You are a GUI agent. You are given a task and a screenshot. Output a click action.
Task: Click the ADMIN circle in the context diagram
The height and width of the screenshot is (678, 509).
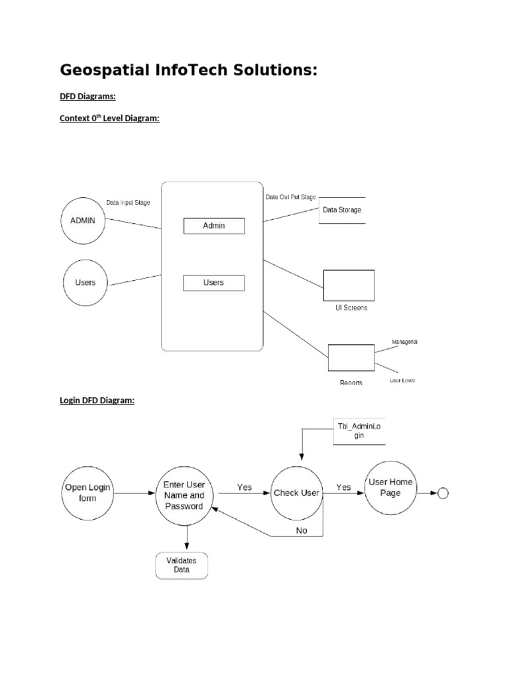tap(83, 220)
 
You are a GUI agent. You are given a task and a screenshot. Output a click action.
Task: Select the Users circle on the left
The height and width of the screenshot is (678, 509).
tap(85, 282)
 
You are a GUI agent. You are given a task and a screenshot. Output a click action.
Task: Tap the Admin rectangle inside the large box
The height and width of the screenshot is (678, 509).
tap(213, 226)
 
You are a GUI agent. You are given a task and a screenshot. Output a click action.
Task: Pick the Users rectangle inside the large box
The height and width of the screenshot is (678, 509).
tap(213, 283)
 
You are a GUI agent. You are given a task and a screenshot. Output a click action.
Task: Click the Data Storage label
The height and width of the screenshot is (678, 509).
tap(342, 210)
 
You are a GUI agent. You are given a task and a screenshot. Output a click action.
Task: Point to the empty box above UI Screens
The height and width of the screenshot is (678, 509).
tap(349, 285)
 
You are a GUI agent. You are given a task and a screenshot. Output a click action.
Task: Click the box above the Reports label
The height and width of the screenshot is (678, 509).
tap(351, 358)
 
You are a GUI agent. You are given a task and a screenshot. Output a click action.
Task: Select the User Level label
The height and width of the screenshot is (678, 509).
tap(402, 381)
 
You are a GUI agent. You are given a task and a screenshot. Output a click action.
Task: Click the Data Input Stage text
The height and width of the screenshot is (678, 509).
tap(128, 203)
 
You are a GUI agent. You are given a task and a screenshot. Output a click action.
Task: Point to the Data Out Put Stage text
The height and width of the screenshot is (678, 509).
tap(291, 197)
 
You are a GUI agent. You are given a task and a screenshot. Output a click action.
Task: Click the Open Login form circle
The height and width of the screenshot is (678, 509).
tap(87, 493)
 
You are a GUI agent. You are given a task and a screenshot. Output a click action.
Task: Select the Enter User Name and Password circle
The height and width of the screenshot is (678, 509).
tap(188, 495)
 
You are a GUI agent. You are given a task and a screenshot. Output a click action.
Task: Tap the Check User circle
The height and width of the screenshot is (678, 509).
tap(296, 493)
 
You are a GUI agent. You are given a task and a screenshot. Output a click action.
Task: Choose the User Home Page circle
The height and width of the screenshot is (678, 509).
tap(390, 488)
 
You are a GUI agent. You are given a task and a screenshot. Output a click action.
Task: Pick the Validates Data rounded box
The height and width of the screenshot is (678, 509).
tap(181, 565)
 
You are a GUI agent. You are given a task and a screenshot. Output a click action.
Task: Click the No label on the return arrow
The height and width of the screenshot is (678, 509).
tap(302, 530)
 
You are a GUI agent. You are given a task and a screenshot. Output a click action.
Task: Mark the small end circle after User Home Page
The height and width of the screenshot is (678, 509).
tap(443, 493)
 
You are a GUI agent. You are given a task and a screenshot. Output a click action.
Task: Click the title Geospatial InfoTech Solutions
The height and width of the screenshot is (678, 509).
tap(189, 70)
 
